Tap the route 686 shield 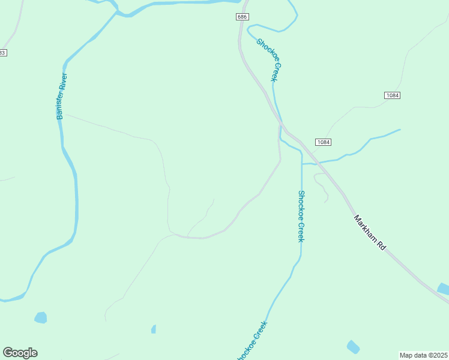pyautogui.click(x=242, y=17)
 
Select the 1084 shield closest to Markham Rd pyautogui.click(x=323, y=142)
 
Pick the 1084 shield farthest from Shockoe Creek pyautogui.click(x=392, y=95)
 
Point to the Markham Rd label pyautogui.click(x=369, y=233)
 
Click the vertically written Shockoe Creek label pyautogui.click(x=301, y=216)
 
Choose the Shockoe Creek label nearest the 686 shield pyautogui.click(x=269, y=59)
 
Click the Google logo pyautogui.click(x=20, y=353)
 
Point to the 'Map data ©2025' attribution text pyautogui.click(x=423, y=355)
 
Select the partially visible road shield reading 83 pyautogui.click(x=2, y=53)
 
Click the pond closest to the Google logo pyautogui.click(x=40, y=317)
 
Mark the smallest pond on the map pyautogui.click(x=154, y=329)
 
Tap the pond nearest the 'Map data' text pyautogui.click(x=353, y=347)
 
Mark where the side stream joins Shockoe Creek pyautogui.click(x=301, y=163)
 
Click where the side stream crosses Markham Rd pyautogui.click(x=319, y=163)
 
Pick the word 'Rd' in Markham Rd pyautogui.click(x=381, y=245)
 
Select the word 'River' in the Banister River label pyautogui.click(x=62, y=83)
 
